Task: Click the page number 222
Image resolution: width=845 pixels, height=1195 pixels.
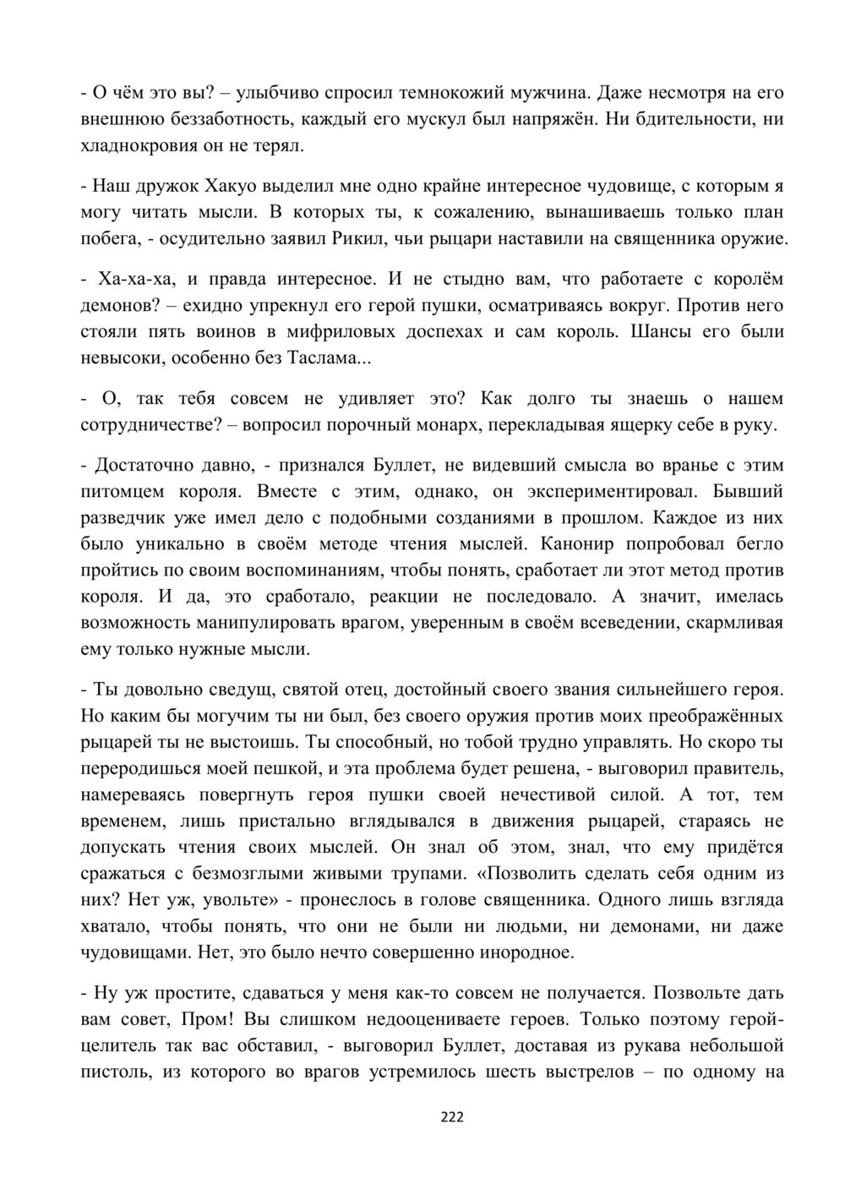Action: (453, 1117)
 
